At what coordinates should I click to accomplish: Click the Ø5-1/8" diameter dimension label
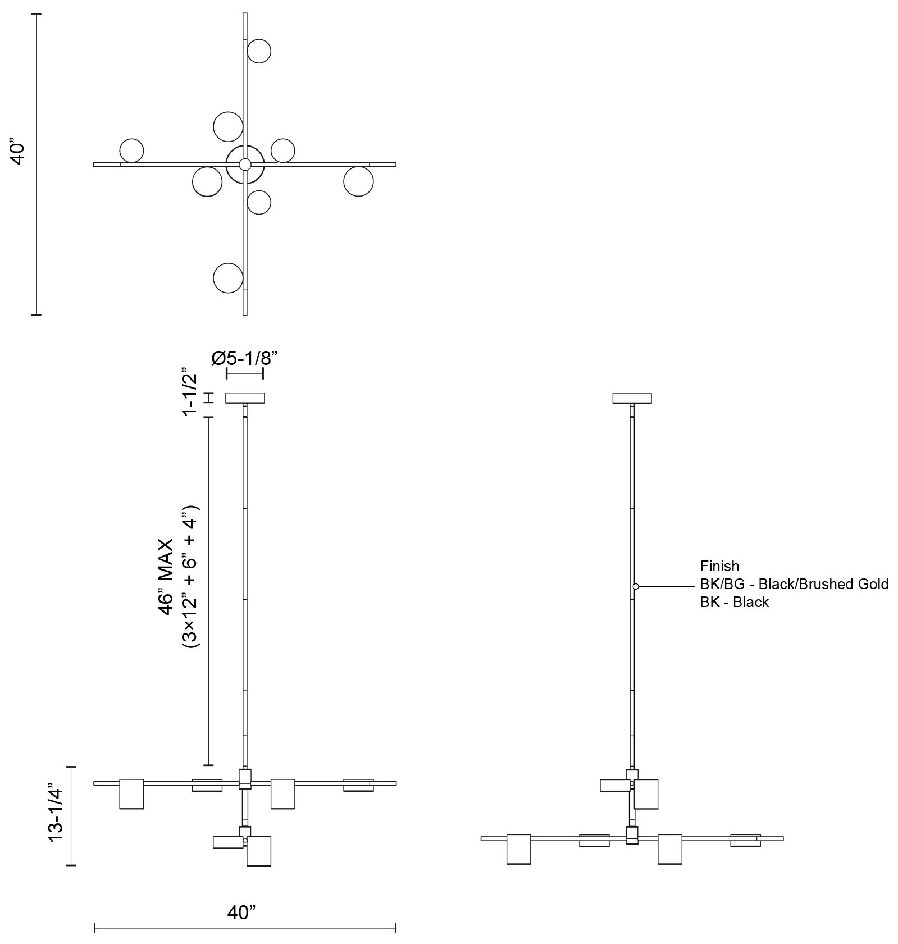coord(245,358)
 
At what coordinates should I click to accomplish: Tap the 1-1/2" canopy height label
coord(190,392)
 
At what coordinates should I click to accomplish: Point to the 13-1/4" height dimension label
coord(56,815)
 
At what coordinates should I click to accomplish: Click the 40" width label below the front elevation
coord(241,913)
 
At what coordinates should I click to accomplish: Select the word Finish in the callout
coord(719,566)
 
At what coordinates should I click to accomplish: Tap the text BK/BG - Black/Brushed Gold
coord(794,584)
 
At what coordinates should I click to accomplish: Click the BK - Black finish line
coord(734,602)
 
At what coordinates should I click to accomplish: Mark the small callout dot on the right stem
coord(636,586)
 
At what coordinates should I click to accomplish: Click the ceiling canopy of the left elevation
coord(245,398)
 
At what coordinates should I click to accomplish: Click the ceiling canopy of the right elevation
coord(632,398)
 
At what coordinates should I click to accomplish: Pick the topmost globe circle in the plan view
coord(259,51)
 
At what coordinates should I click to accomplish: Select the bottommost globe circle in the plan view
coord(228,277)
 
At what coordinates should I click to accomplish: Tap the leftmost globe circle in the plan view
coord(132,150)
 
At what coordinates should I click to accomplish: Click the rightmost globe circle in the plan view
coord(358,181)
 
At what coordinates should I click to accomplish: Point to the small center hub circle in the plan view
coord(245,165)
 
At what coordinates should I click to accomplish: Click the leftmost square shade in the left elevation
coord(131,793)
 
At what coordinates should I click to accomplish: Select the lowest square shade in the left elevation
coord(259,851)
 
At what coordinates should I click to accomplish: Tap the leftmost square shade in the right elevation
coord(518,849)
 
